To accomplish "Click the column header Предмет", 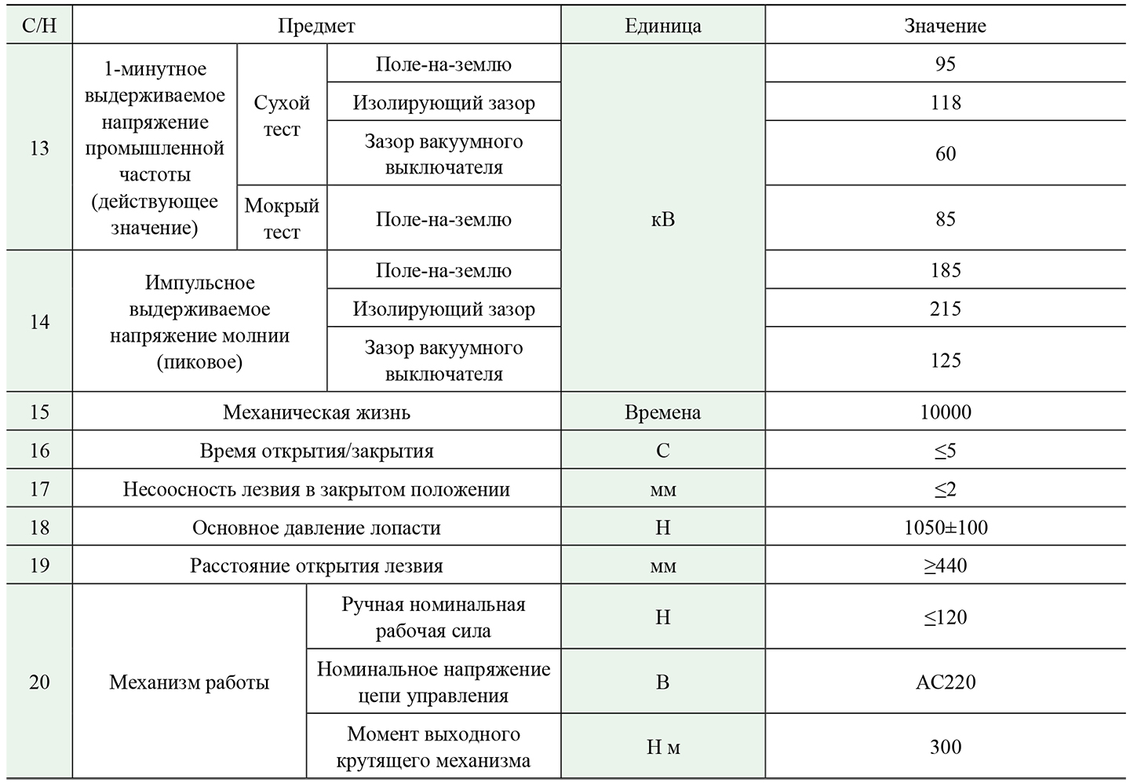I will tap(316, 26).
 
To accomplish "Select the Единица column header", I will tap(662, 26).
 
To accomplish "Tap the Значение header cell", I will tap(945, 26).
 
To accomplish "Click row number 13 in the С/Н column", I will tap(39, 148).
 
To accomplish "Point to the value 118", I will tap(945, 103).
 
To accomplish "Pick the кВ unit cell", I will tap(662, 219).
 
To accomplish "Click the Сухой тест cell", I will tap(282, 115).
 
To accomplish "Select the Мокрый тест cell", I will tap(282, 218).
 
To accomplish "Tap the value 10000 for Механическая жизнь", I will tap(945, 412).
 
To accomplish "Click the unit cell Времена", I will tap(662, 412).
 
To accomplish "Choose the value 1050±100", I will tap(945, 528).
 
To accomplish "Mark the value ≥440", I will tap(945, 566).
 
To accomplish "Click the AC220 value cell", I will tap(945, 682).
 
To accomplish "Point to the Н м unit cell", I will tap(662, 748).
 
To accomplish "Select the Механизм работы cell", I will tap(189, 682).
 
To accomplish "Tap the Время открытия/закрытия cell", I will tap(316, 451).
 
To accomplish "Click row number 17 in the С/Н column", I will tap(39, 489).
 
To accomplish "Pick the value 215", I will tap(945, 309).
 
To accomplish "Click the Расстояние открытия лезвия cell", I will tap(316, 566).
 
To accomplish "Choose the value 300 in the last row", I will tap(945, 747).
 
